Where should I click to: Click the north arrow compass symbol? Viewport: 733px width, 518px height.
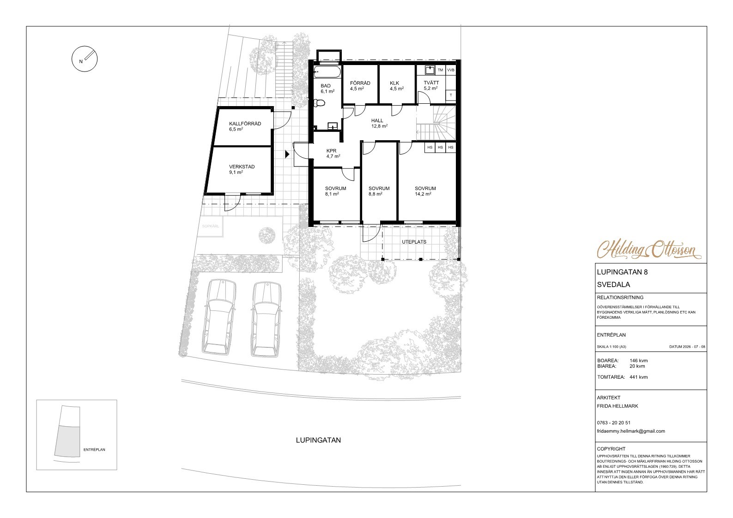pos(85,59)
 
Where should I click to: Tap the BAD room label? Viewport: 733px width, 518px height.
pos(326,86)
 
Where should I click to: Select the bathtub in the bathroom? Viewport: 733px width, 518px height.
pos(327,72)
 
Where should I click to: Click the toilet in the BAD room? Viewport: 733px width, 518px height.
pos(319,103)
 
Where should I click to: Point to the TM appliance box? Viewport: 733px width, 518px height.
pos(441,70)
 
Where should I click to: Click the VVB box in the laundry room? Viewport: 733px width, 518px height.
pos(451,70)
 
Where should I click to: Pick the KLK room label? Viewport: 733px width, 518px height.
pos(394,83)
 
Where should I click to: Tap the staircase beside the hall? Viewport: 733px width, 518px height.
pos(436,123)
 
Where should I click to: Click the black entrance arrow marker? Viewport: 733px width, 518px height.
pos(287,154)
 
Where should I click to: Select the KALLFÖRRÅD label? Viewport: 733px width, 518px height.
pos(245,124)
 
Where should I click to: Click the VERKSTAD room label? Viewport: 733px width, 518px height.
pos(242,167)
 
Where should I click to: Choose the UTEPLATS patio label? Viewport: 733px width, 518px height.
pos(414,242)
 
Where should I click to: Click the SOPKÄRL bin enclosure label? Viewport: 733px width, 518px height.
pos(211,226)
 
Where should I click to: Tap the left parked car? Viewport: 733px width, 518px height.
pos(219,317)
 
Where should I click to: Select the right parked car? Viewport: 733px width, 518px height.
pos(266,319)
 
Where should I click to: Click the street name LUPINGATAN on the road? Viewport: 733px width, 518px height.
pos(318,440)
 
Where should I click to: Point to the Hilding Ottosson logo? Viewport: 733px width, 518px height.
pos(649,250)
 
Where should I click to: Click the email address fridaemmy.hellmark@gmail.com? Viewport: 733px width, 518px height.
pos(631,431)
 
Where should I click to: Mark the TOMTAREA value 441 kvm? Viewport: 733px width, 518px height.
pos(638,377)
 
